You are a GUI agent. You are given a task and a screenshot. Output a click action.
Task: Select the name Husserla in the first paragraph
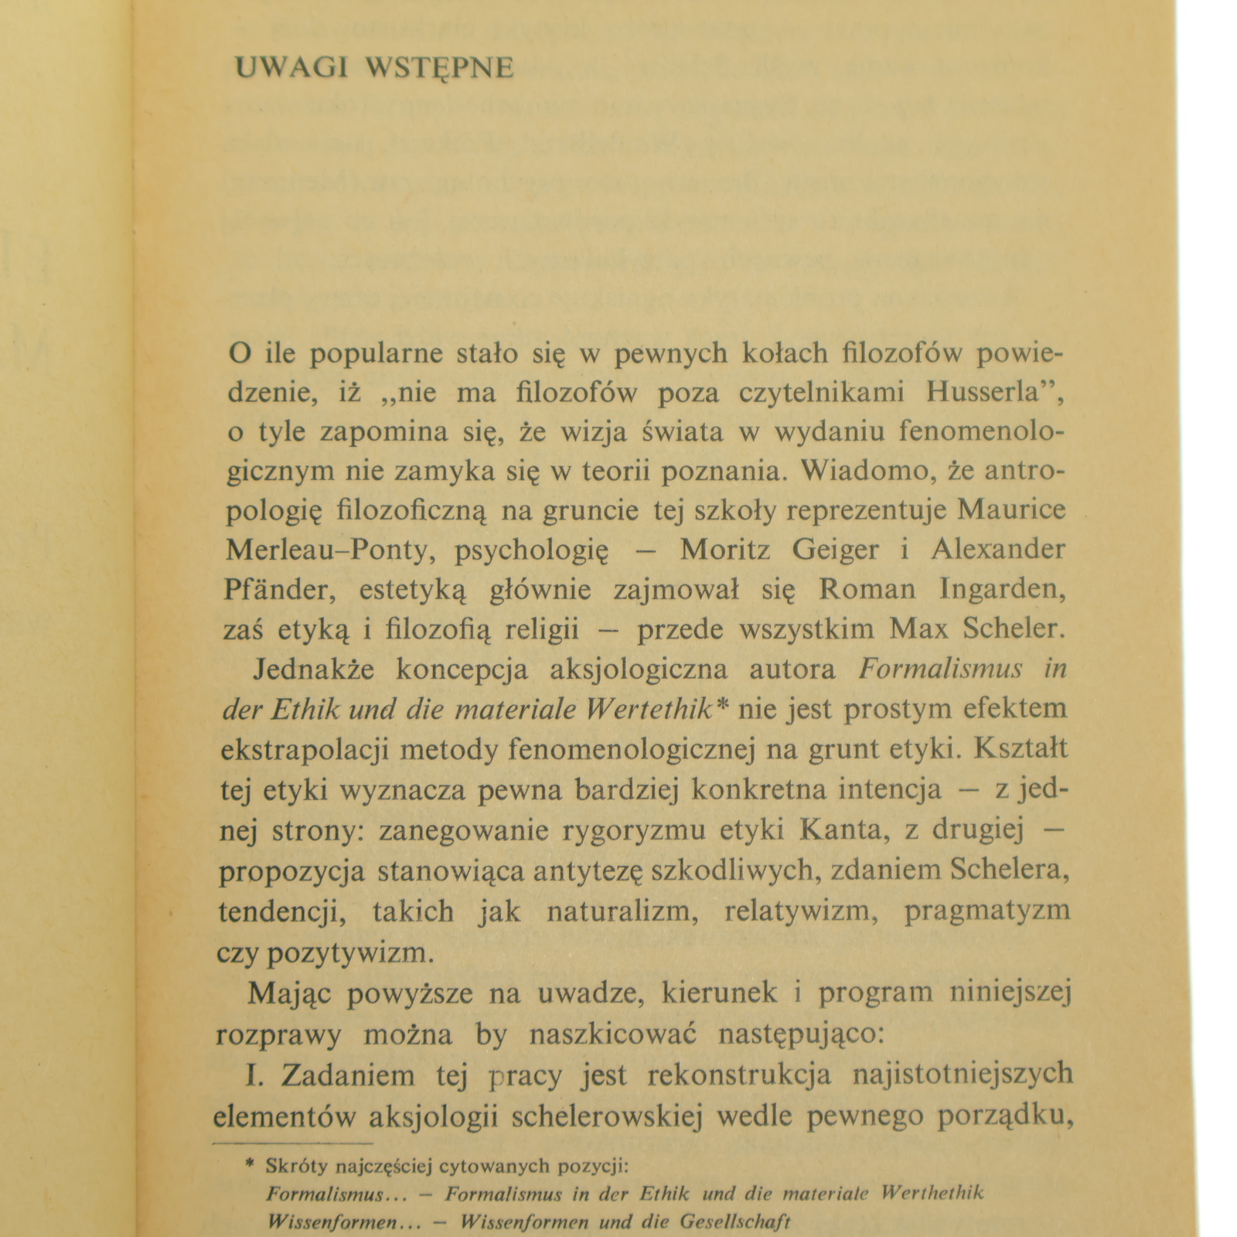click(x=981, y=392)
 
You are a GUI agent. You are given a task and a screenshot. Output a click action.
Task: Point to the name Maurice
click(x=1011, y=509)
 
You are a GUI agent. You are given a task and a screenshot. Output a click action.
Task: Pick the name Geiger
click(x=835, y=550)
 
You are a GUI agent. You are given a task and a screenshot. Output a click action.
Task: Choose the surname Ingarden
click(x=1003, y=590)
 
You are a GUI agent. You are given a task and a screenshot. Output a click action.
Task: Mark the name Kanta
click(x=837, y=830)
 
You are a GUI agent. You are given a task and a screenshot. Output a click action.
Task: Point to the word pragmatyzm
click(x=987, y=911)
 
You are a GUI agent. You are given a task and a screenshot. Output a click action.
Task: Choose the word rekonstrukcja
click(x=739, y=1075)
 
